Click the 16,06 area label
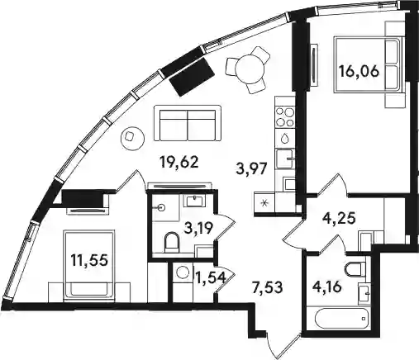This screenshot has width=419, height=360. coord(359,72)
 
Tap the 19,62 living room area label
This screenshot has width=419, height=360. coord(179,163)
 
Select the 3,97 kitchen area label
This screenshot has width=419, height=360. coord(252,168)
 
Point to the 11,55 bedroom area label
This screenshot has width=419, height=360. coord(88,260)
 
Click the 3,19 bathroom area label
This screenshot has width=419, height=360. coord(198,228)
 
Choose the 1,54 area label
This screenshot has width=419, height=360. coord(211,278)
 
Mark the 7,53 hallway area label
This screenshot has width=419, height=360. coord(267,288)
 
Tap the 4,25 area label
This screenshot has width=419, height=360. coord(339,219)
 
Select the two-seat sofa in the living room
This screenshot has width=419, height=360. coord(188,123)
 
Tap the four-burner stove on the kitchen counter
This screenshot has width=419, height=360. coord(285,117)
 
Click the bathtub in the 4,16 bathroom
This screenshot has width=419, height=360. coord(341,319)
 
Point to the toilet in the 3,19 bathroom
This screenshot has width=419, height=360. coord(171,242)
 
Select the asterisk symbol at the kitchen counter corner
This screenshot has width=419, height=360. coord(264,203)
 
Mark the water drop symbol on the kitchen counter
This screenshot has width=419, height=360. coord(285,138)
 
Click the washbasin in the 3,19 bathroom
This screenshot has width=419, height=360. coord(196,200)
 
